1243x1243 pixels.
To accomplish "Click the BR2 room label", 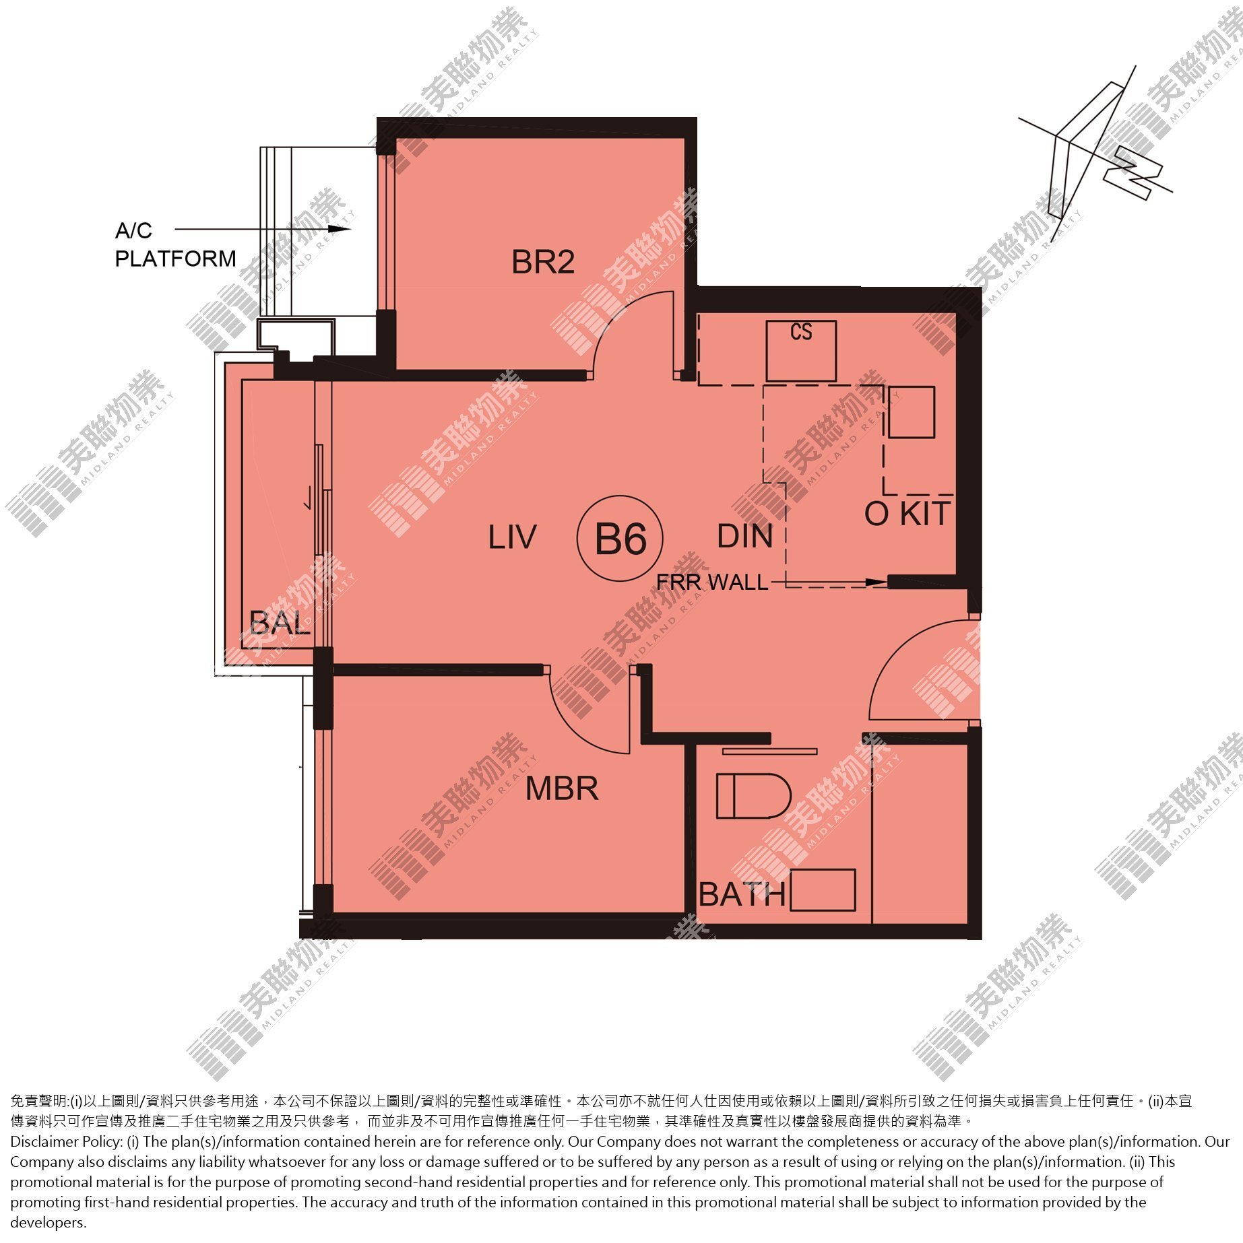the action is point(543,262).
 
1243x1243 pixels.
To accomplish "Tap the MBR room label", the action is point(562,788).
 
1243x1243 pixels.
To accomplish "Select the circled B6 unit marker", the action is point(620,539).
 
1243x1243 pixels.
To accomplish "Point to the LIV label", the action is point(512,537).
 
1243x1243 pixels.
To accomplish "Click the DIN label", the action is point(744,536).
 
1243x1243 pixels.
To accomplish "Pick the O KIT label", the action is point(907,514).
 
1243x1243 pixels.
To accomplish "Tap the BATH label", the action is point(742,895).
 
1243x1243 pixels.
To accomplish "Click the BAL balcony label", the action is point(280,623).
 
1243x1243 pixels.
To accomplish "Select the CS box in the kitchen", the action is point(801,351).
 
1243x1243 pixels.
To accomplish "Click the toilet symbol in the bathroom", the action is point(753,796).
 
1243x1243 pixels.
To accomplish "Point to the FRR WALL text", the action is point(712,582).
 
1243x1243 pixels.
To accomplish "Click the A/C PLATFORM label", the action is point(175,244).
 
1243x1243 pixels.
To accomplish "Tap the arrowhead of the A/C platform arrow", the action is point(344,229).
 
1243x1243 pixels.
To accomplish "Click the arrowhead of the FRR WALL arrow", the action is point(877,582).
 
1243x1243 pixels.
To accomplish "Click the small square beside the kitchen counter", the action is point(912,412).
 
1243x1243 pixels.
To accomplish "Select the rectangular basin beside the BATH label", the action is point(823,890).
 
